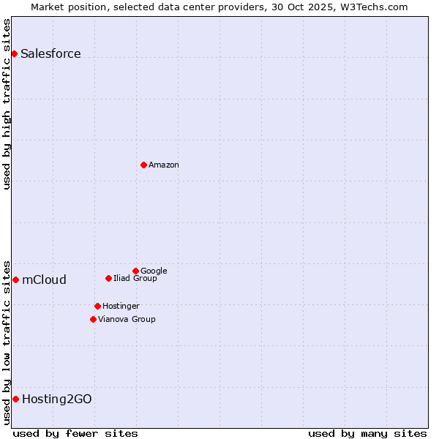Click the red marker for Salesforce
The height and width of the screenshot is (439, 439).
coord(14,53)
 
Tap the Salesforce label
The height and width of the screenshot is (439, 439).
coord(50,53)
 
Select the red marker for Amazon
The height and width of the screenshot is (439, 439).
coord(143,165)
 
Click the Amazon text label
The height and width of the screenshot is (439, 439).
coord(164,165)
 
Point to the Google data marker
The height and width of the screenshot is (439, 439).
coord(135,271)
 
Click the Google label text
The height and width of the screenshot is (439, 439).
coord(154,271)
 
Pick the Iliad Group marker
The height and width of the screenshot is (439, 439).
coord(108,278)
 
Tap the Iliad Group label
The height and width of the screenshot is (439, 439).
coord(135,278)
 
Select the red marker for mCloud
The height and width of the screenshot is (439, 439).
coord(15,279)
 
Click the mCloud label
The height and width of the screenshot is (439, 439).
coord(44,279)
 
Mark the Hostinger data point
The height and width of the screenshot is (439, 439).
coord(97,306)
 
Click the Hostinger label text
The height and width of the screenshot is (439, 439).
coord(121,306)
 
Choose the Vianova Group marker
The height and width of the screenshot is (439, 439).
coord(93,319)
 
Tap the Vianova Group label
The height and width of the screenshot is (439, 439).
coord(127,319)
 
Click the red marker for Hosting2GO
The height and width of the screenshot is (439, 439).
coord(15,399)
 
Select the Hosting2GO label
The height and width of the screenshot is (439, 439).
coord(57,399)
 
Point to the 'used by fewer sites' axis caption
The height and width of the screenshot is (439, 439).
coord(75,433)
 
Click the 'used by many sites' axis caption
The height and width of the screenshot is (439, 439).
coord(367,433)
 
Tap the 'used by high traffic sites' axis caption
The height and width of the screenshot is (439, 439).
coord(7,104)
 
